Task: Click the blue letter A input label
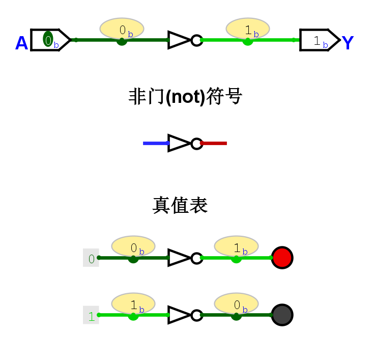21,43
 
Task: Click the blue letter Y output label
348,43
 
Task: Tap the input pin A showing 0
50,40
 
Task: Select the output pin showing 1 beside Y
319,40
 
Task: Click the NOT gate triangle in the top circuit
179,40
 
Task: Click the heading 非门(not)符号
185,96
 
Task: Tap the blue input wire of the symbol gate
156,143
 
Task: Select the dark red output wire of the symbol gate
214,143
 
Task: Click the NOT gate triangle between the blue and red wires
179,143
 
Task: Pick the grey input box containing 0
91,258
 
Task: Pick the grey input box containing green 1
91,316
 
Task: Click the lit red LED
282,258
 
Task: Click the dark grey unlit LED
282,315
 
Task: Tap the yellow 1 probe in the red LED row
236,246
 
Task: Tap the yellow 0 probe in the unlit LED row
236,304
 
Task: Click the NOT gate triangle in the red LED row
179,258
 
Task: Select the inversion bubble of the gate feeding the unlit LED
197,315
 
